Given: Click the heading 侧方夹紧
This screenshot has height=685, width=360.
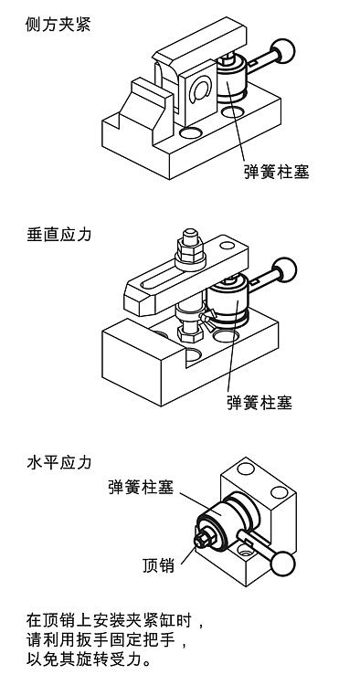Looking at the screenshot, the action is (58, 24).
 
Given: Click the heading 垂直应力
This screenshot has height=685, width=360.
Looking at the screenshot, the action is (59, 234).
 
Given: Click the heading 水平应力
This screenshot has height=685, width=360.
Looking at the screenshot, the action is (59, 462).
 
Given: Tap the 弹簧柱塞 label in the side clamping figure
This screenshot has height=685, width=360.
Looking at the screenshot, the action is (277, 171).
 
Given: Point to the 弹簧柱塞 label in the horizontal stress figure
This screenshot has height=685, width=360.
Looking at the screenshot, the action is (141, 486).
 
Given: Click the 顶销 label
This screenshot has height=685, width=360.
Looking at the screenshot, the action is (159, 565).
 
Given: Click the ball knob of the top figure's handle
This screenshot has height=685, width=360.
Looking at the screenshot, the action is (283, 51).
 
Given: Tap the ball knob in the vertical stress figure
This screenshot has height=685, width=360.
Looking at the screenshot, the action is (284, 270).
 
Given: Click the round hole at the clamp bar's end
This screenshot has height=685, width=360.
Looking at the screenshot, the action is (228, 245).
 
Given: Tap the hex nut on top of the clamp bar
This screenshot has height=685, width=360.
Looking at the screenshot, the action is (190, 252).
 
